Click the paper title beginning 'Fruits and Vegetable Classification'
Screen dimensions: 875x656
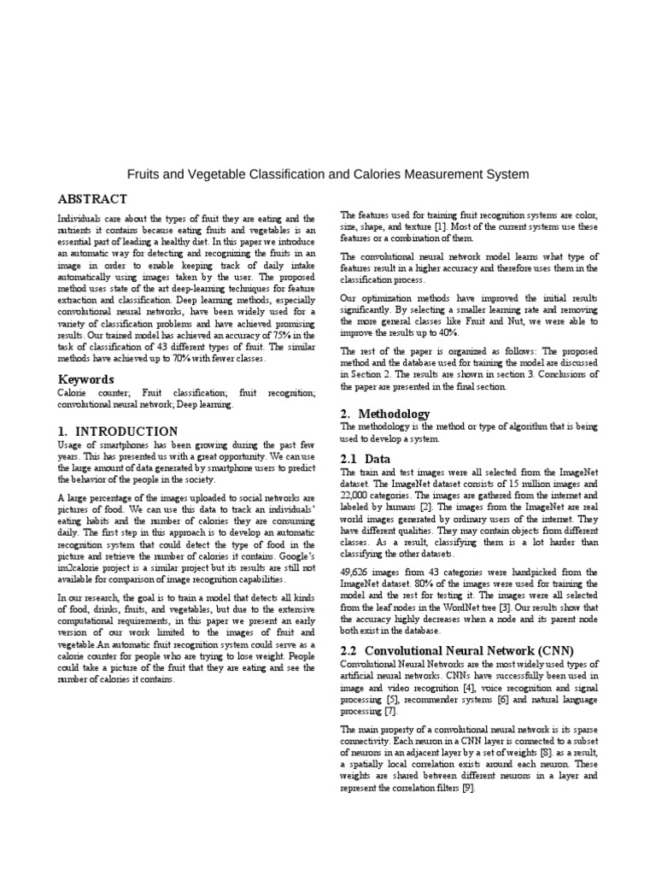328,174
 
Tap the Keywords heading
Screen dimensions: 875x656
85,379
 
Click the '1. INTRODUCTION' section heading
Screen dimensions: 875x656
118,432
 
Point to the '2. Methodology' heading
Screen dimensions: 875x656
384,414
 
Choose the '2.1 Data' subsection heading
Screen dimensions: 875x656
366,458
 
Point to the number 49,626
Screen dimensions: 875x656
358,572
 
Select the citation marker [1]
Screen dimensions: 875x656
439,226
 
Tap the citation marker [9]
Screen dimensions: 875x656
468,788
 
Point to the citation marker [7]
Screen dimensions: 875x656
390,711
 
